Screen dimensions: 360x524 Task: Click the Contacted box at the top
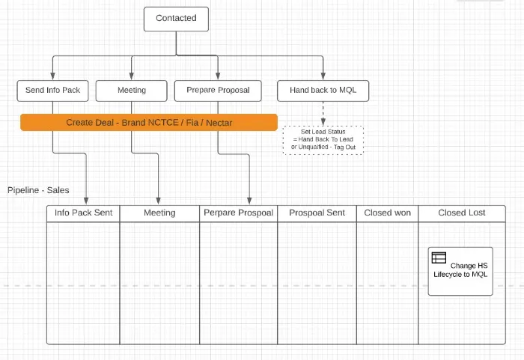click(x=176, y=18)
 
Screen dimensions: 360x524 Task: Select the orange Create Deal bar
click(x=149, y=122)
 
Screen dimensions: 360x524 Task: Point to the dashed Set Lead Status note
click(x=323, y=139)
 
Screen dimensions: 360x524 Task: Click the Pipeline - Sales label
click(x=38, y=190)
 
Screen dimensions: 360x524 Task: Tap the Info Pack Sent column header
click(x=83, y=213)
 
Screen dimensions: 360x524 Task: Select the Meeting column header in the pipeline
click(x=159, y=213)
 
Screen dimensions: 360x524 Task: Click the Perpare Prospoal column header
click(x=238, y=213)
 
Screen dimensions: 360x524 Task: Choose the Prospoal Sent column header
click(x=317, y=213)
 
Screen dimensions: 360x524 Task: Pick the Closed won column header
click(x=387, y=213)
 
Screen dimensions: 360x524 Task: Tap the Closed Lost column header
click(x=462, y=213)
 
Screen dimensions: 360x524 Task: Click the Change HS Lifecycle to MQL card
click(x=460, y=271)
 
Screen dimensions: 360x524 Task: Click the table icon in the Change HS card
click(x=439, y=258)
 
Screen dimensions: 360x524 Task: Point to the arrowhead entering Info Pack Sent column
click(x=86, y=201)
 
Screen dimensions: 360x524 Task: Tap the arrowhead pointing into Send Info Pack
click(x=52, y=76)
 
